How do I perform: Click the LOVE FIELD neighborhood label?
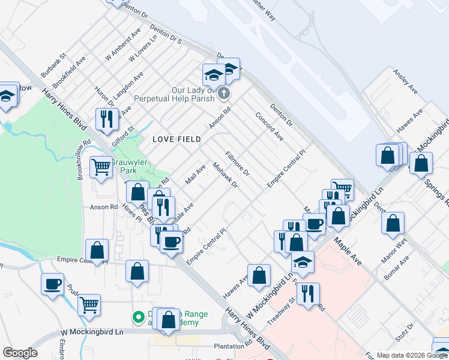coord(176,139)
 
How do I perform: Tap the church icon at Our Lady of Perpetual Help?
coord(224,93)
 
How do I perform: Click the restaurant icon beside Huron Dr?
coord(107,118)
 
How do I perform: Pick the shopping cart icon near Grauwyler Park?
coord(101,166)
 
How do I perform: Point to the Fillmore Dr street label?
coord(238,163)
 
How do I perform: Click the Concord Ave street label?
coord(269,126)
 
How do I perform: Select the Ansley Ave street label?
coord(405,81)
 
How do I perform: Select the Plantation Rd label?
coord(233,347)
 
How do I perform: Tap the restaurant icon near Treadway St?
coord(308,293)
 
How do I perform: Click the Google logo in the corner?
coord(20,353)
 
